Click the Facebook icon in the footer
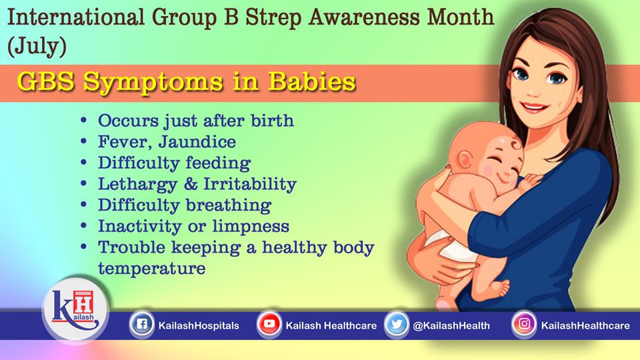point(141,325)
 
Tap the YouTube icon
point(269,325)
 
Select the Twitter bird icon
point(396,325)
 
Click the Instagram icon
point(524,325)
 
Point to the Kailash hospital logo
point(75,309)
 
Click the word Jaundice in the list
point(197,142)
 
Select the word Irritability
point(250,184)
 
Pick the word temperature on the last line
point(152,269)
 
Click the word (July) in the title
point(37,46)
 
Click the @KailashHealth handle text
point(451,326)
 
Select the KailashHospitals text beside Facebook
point(199,326)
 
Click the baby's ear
point(464,159)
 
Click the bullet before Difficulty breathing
point(84,204)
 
